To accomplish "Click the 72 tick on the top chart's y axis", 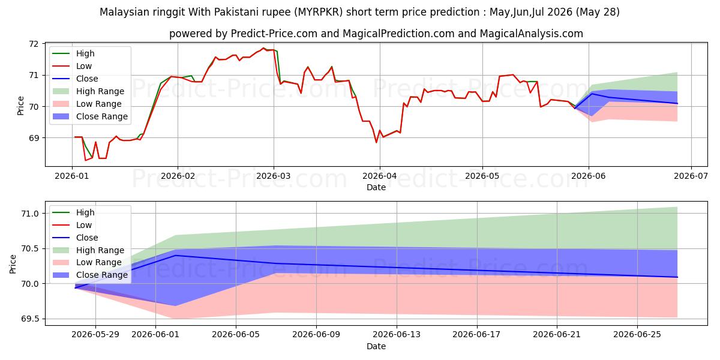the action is click(34, 44).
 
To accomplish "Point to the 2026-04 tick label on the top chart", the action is click(380, 176).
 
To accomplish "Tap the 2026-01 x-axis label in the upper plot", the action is click(72, 176).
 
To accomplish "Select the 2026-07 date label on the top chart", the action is click(691, 176).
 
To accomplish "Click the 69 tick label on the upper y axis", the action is click(34, 138).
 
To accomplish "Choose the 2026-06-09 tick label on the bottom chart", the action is click(316, 335).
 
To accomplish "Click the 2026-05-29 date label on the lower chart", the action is click(95, 335).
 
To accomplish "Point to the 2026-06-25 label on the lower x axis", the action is click(637, 335).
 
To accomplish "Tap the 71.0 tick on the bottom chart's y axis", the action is click(30, 214).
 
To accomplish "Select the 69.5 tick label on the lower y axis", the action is click(30, 319).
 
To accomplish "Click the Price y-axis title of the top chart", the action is click(20, 106).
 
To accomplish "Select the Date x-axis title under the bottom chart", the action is click(376, 346).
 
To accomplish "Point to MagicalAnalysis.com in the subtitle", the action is click(532, 34).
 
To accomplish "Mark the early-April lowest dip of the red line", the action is click(376, 142).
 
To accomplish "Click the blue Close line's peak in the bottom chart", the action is click(175, 256).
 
